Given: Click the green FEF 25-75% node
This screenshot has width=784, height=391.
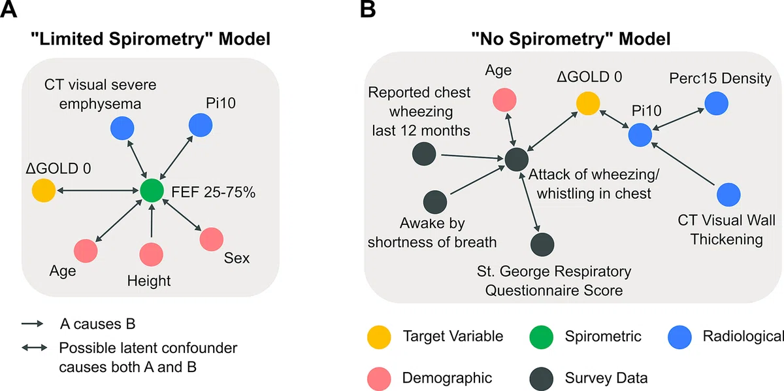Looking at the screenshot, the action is [152, 190].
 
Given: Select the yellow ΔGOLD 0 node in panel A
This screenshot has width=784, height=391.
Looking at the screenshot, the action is [44, 190].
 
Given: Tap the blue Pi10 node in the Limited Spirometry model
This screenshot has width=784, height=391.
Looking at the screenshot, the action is [201, 125].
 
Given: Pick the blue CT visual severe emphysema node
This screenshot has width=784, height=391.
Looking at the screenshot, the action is [122, 128].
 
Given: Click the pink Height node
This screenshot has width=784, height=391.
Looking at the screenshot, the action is [151, 254].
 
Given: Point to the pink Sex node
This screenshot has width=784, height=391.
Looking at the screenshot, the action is [212, 239].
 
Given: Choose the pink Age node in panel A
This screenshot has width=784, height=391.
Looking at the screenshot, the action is [86, 251].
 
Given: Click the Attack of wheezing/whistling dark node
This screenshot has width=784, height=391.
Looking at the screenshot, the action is [517, 160].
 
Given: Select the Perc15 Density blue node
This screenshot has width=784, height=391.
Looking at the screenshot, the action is [717, 103].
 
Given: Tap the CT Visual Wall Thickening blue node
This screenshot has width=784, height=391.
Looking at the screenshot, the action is [728, 194].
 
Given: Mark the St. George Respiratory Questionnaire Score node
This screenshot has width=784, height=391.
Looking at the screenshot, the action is [542, 244].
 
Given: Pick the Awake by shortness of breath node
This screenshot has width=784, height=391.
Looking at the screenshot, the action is [435, 202].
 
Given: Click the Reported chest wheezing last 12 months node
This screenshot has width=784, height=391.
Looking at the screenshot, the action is [424, 154].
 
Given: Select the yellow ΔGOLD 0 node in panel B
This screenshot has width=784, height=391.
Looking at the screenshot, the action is [588, 103].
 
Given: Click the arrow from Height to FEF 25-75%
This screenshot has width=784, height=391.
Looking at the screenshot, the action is [152, 221].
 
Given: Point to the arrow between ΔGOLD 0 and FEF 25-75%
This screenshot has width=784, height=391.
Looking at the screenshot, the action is [98, 190].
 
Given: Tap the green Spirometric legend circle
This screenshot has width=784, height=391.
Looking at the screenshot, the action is [542, 337].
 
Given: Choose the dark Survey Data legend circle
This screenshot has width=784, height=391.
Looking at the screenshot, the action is [542, 379].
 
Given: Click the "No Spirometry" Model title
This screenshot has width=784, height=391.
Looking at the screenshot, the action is [571, 39].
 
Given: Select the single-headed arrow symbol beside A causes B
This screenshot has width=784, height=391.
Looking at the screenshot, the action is [33, 324].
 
